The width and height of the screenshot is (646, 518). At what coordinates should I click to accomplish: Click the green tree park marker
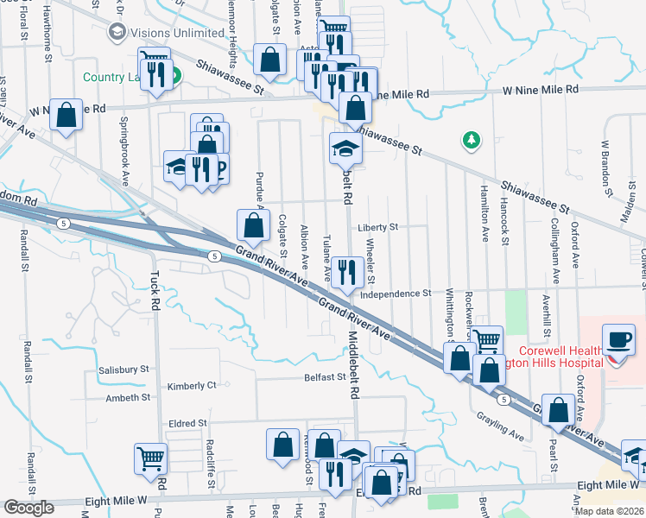click(x=471, y=140)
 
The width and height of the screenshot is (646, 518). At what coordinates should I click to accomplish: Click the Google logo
click(x=28, y=508)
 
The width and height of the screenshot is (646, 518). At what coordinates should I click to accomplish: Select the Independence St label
click(x=395, y=294)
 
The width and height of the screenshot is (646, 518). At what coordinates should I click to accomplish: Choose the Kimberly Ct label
click(x=192, y=385)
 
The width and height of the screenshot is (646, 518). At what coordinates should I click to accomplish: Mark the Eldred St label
click(x=188, y=423)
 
